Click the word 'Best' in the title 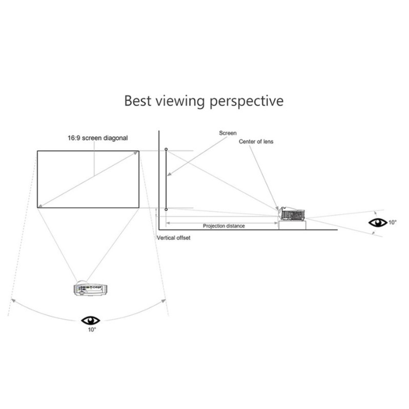138,100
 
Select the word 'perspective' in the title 248,101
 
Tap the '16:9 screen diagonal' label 98,138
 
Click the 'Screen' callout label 228,133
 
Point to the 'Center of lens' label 256,141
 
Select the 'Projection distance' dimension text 224,226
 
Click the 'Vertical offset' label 173,238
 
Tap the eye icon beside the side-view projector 378,222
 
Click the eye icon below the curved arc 91,320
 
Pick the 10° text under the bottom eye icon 91,330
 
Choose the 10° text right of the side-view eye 392,222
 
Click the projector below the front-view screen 91,289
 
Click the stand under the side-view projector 292,224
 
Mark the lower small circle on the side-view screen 166,209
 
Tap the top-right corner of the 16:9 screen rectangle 139,151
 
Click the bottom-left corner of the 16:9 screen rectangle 37,208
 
